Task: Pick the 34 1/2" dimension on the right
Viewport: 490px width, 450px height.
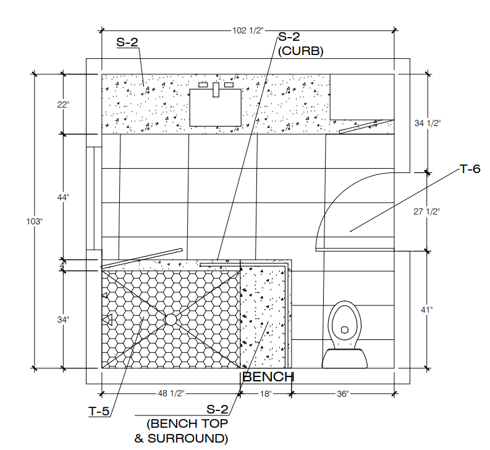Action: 426,123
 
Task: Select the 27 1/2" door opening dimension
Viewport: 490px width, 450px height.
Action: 426,211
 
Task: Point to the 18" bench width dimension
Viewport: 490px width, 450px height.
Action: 264,393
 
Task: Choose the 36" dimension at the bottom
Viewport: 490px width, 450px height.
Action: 343,393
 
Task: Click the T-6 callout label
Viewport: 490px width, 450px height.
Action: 470,169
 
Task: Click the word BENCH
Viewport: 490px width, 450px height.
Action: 268,376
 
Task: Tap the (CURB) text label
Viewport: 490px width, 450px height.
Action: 301,52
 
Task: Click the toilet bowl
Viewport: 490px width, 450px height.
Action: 344,322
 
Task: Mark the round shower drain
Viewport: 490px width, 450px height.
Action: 171,320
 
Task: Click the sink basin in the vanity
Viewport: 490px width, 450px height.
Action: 214,107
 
